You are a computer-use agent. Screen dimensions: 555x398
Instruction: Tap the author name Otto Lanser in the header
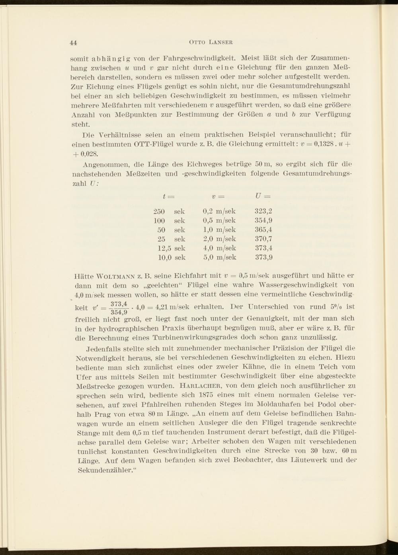point(211,42)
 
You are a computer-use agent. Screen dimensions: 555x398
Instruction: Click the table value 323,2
point(263,211)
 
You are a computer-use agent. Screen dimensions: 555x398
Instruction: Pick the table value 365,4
point(263,229)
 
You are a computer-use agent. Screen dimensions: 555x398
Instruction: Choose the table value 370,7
point(263,239)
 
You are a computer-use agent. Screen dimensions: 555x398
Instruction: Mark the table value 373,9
point(263,257)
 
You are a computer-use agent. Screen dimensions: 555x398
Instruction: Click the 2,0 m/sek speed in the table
point(219,239)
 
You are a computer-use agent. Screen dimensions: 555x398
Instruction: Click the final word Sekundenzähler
point(104,470)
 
